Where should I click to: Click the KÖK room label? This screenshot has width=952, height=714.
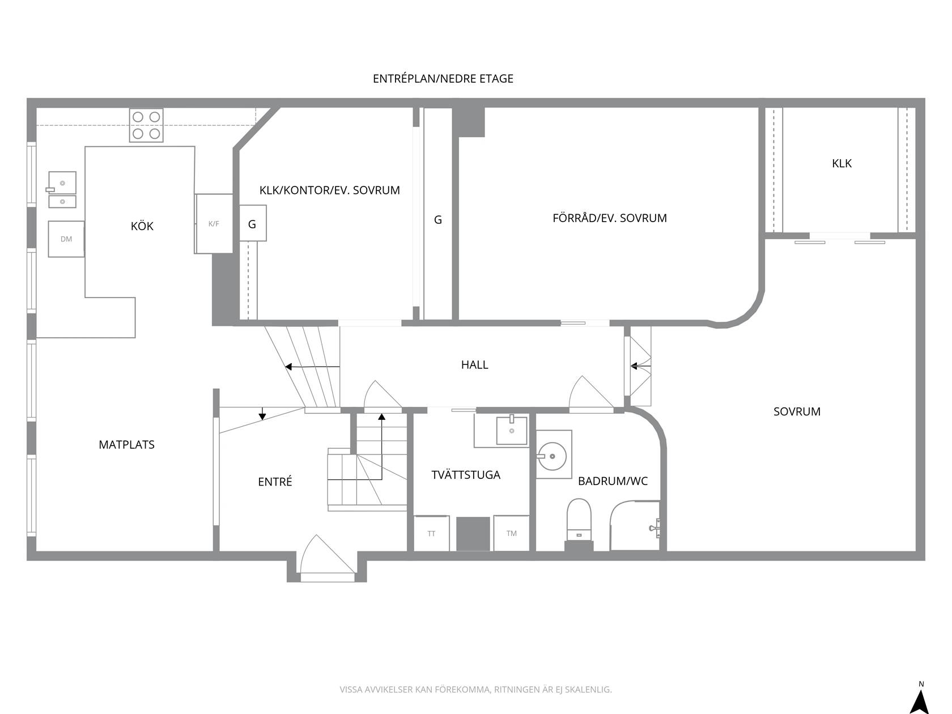pyautogui.click(x=142, y=226)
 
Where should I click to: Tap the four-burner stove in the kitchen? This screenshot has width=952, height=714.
pyautogui.click(x=146, y=125)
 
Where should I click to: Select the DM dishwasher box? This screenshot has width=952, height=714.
pyautogui.click(x=66, y=239)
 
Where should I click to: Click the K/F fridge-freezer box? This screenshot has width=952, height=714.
pyautogui.click(x=214, y=224)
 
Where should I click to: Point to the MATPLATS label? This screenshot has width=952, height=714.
pyautogui.click(x=126, y=445)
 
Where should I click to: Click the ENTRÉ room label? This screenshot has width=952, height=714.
pyautogui.click(x=275, y=482)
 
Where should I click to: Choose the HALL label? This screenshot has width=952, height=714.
pyautogui.click(x=474, y=365)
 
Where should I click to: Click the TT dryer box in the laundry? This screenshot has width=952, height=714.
pyautogui.click(x=432, y=533)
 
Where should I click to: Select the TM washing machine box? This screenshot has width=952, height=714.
pyautogui.click(x=511, y=533)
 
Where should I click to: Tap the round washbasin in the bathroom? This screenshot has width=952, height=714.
pyautogui.click(x=552, y=456)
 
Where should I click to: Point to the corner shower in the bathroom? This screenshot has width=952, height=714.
pyautogui.click(x=635, y=525)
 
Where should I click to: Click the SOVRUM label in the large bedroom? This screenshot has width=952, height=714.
pyautogui.click(x=797, y=411)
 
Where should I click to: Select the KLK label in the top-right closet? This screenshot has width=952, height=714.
pyautogui.click(x=841, y=163)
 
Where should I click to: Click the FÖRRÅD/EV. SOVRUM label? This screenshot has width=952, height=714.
pyautogui.click(x=609, y=218)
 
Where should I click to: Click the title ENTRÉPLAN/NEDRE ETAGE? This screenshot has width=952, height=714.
pyautogui.click(x=443, y=78)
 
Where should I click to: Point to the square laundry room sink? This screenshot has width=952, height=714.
pyautogui.click(x=512, y=430)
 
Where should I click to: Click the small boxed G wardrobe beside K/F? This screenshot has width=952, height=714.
pyautogui.click(x=253, y=223)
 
